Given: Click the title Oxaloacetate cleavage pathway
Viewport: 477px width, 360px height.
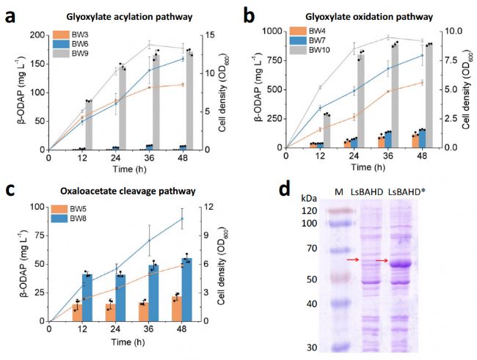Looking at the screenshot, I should (x=128, y=191).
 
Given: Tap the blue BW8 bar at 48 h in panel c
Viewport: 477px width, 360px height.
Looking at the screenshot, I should (x=186, y=289).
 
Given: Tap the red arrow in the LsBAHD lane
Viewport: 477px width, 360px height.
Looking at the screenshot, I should (x=354, y=260).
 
